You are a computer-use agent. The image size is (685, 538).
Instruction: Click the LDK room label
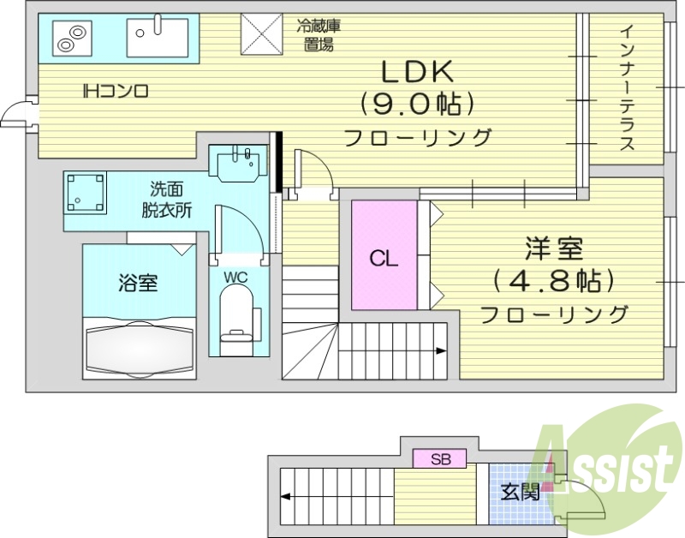click(417, 71)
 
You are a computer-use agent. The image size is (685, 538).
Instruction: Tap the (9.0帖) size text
click(417, 105)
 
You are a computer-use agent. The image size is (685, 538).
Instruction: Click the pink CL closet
click(384, 256)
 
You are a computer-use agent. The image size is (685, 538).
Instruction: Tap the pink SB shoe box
click(440, 459)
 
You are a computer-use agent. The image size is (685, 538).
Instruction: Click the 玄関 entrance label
click(520, 492)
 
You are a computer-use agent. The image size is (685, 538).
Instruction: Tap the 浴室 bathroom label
click(137, 282)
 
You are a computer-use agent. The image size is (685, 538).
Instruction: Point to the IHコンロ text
click(116, 90)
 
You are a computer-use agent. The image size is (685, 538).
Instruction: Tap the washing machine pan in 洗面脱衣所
click(86, 193)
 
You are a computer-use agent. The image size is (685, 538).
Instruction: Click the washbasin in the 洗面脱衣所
click(239, 163)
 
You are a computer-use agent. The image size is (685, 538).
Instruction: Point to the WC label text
click(235, 277)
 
